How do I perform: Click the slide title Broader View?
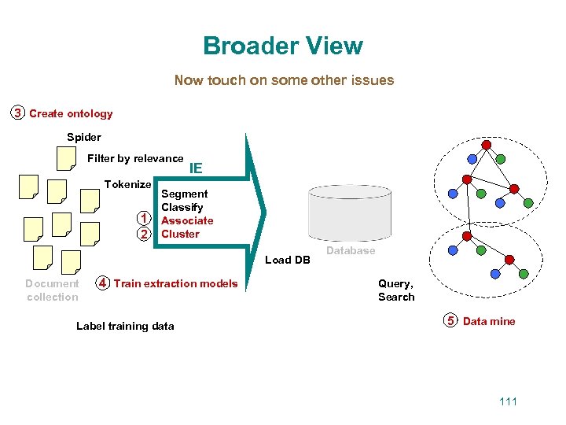click(x=283, y=46)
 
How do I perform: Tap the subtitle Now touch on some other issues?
click(x=284, y=80)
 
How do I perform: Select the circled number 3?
click(x=17, y=113)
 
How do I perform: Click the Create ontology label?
click(x=71, y=114)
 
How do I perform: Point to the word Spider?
click(x=84, y=138)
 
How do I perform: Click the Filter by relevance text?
click(x=135, y=159)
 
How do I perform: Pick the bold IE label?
click(x=196, y=168)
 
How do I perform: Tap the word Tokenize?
click(x=127, y=185)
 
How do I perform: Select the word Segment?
click(x=184, y=194)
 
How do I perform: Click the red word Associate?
click(x=187, y=221)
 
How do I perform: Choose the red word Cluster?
click(x=180, y=235)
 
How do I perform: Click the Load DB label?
click(x=288, y=261)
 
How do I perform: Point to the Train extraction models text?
click(x=175, y=284)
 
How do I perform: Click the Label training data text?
click(x=125, y=327)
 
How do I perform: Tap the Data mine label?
click(x=489, y=321)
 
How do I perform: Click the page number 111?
click(x=508, y=402)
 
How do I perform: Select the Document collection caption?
click(x=52, y=290)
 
